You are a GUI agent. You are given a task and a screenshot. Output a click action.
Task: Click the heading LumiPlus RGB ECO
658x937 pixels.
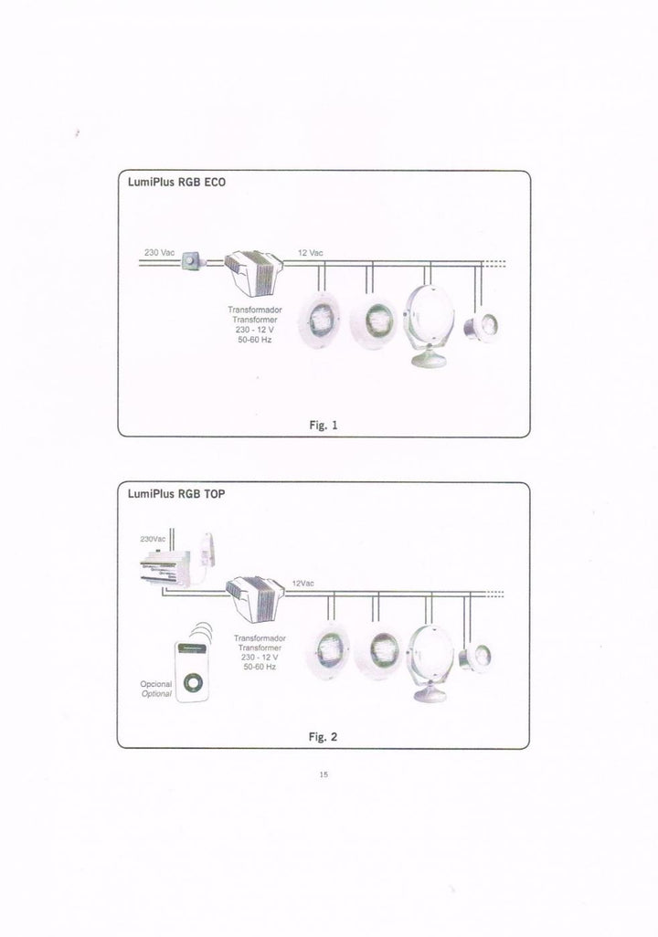(176, 183)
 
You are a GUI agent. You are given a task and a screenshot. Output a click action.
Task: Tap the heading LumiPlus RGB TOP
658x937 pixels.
(176, 494)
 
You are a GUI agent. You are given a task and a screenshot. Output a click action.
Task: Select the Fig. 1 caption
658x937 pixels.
(324, 426)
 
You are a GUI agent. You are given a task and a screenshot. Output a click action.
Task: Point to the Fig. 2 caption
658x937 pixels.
(323, 737)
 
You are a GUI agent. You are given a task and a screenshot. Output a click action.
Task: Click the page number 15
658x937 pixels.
(324, 774)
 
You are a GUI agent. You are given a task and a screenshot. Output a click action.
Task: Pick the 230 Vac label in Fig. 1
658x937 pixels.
(159, 253)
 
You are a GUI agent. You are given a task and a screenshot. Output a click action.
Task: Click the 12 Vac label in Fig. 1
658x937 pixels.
(311, 253)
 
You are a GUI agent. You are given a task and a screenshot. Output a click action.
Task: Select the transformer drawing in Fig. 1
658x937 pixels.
(254, 272)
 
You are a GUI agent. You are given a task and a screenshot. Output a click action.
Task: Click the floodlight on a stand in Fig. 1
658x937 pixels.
(429, 325)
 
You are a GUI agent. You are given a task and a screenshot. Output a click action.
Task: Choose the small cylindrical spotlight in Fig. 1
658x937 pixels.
(482, 326)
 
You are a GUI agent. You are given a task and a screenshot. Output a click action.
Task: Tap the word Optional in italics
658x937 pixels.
(156, 694)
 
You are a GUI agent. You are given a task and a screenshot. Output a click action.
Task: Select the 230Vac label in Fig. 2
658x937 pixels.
(153, 539)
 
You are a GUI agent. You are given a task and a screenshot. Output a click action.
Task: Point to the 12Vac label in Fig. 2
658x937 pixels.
(302, 584)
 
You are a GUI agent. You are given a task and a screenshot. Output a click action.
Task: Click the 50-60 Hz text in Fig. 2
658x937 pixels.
(260, 667)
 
